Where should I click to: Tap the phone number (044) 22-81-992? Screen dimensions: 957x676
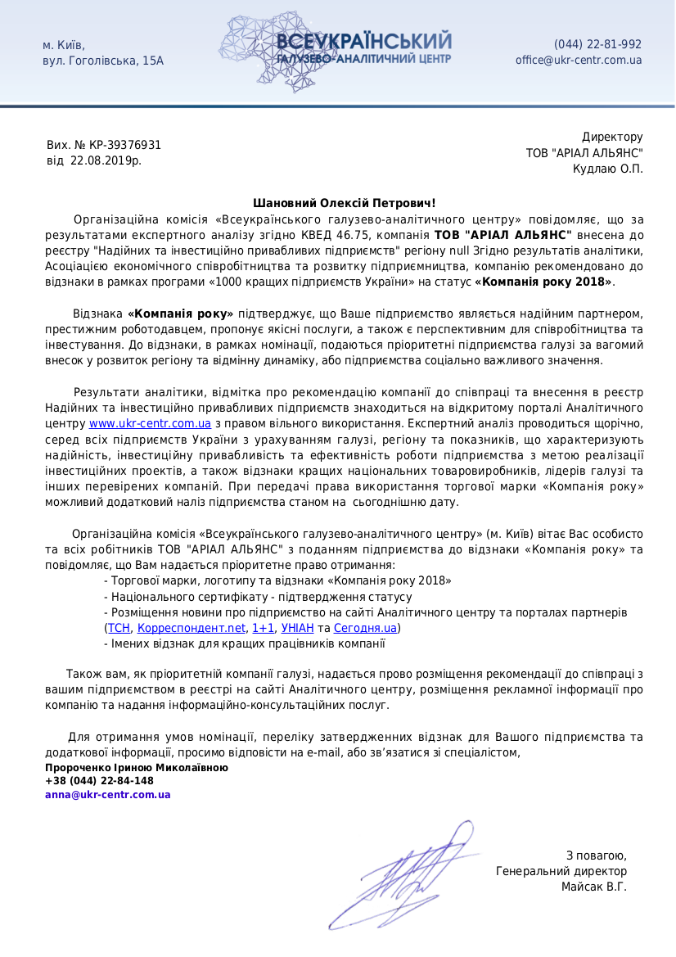[x=597, y=44]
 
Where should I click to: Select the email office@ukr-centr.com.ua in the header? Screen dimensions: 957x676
[x=579, y=60]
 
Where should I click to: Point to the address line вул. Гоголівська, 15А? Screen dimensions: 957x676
[x=103, y=61]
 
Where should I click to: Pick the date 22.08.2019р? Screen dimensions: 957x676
[x=106, y=160]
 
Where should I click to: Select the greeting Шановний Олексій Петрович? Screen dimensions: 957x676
[x=345, y=203]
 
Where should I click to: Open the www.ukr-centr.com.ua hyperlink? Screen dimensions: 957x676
[x=150, y=423]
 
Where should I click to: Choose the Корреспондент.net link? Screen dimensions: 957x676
[x=192, y=628]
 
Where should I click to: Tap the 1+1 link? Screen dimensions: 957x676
[x=264, y=628]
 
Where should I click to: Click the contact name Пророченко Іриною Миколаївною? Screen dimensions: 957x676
[x=137, y=768]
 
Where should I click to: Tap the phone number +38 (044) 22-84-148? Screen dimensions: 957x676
[x=99, y=781]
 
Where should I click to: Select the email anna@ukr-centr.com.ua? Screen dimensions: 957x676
[x=108, y=794]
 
